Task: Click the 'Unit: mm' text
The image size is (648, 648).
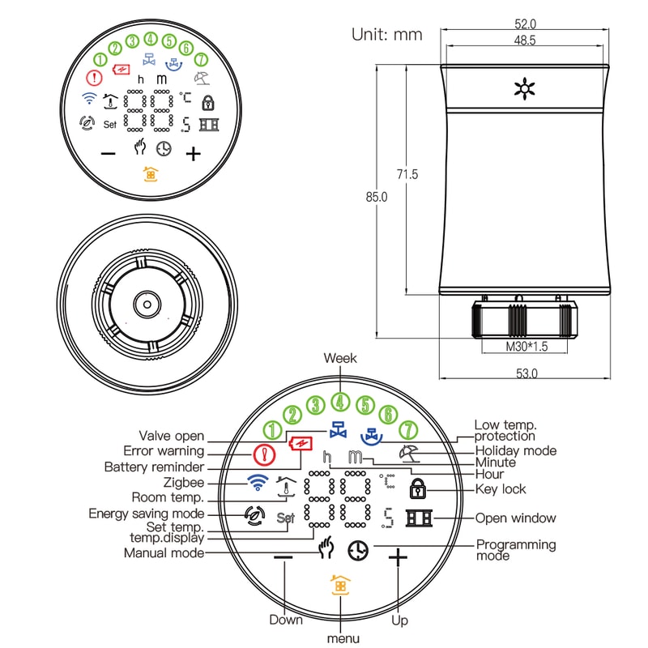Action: (386, 35)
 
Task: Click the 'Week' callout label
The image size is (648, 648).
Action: (339, 358)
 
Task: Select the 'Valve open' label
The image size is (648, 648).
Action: (172, 437)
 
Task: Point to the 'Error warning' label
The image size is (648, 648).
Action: (164, 451)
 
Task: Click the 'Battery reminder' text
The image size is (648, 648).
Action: (154, 467)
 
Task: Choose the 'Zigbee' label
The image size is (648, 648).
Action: (183, 483)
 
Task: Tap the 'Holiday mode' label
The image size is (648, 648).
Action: (516, 450)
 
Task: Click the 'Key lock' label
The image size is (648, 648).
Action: (501, 489)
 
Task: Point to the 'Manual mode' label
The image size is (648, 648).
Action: (164, 553)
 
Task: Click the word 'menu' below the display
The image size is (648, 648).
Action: (343, 639)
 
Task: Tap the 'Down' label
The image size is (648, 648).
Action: (286, 620)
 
